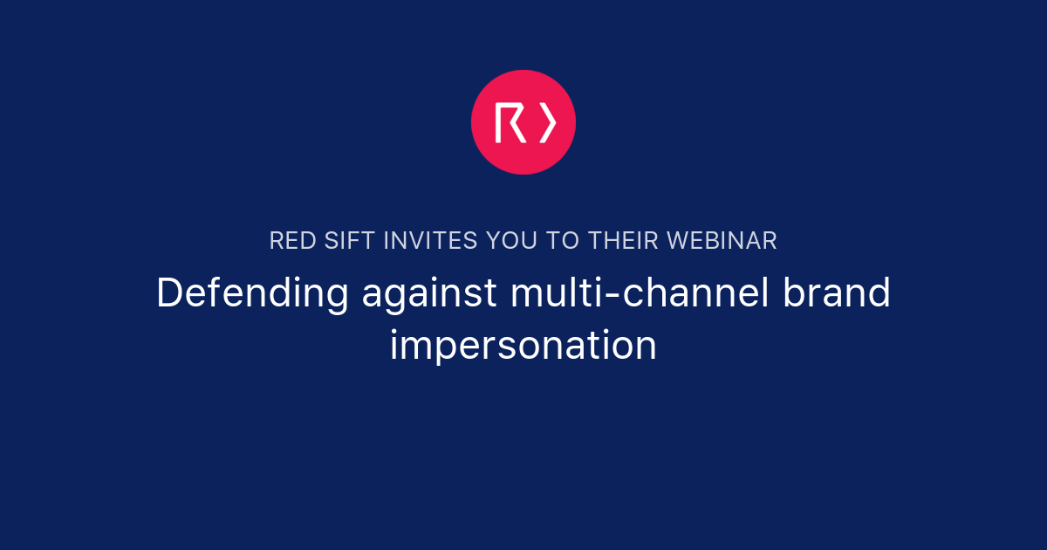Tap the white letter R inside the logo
[510, 122]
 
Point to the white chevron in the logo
[547, 122]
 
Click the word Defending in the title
[252, 294]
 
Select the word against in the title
[429, 294]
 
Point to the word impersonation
[523, 346]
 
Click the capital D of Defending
[169, 293]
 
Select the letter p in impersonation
[435, 349]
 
